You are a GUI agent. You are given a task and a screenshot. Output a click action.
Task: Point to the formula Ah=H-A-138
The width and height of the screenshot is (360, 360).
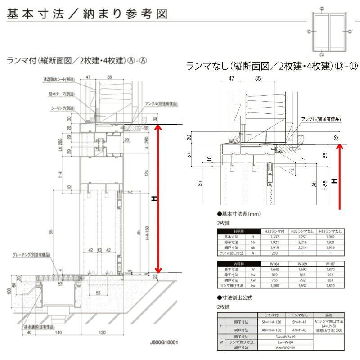pos(271,329)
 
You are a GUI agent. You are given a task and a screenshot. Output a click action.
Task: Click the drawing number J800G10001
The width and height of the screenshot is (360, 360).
pos(164,342)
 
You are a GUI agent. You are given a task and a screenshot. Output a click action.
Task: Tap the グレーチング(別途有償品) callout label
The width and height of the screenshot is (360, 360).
pos(31,255)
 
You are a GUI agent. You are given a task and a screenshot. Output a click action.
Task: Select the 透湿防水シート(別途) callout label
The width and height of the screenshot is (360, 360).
pos(58,79)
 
